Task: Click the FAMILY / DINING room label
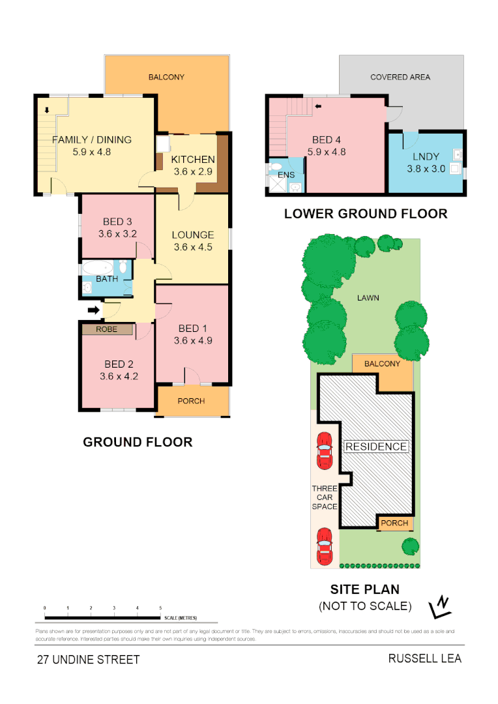pyautogui.click(x=91, y=139)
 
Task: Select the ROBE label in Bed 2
pyautogui.click(x=107, y=329)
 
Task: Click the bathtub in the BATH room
pyautogui.click(x=98, y=267)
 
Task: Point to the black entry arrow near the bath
pyautogui.click(x=94, y=310)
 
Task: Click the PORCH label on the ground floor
pyautogui.click(x=191, y=401)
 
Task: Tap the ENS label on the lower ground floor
pyautogui.click(x=286, y=175)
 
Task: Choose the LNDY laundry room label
pyautogui.click(x=426, y=156)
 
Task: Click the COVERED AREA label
pyautogui.click(x=400, y=77)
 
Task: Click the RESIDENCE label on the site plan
pyautogui.click(x=376, y=447)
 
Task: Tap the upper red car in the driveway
pyautogui.click(x=324, y=451)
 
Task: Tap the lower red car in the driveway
pyautogui.click(x=324, y=546)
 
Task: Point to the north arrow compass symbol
pyautogui.click(x=441, y=607)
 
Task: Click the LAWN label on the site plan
pyautogui.click(x=368, y=298)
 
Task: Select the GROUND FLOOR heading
pyautogui.click(x=138, y=442)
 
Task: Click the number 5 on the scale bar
pyautogui.click(x=160, y=608)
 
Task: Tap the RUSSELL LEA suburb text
pyautogui.click(x=424, y=658)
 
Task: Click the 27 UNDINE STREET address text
pyautogui.click(x=88, y=660)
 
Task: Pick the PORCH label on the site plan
pyautogui.click(x=394, y=523)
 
